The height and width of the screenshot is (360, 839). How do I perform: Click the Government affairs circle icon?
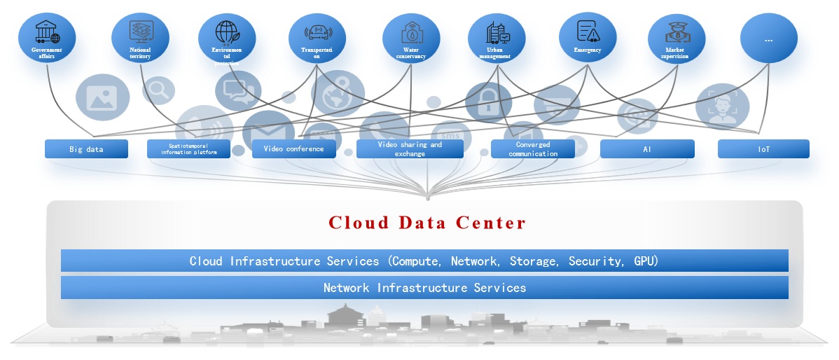point(46,39)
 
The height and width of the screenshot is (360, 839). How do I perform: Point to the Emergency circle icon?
point(588,39)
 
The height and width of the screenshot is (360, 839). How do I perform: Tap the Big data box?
point(86,149)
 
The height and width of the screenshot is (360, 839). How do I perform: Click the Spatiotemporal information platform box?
point(188,149)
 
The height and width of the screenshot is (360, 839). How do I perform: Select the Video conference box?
point(293,149)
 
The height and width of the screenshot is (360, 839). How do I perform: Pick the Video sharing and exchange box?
point(410,149)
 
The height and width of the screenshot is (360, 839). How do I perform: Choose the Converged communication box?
point(533,149)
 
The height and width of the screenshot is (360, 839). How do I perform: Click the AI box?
point(647,149)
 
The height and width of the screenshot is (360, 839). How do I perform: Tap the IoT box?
point(763,149)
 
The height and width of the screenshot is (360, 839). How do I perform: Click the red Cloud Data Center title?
point(427,223)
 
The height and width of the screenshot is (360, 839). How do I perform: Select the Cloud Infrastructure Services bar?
point(424,261)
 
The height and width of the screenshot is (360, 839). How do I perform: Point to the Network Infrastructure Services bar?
point(424,288)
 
